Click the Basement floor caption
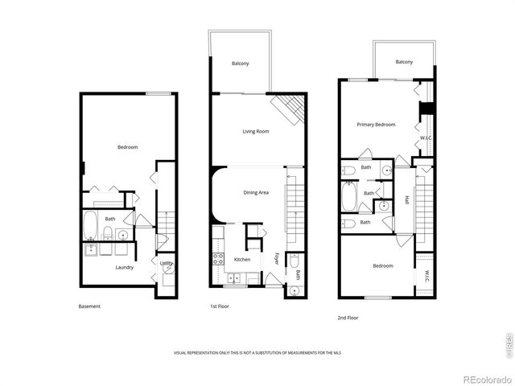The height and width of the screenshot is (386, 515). [x=89, y=306]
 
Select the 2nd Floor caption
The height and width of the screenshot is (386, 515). [x=348, y=318]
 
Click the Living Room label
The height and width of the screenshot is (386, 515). [x=256, y=131]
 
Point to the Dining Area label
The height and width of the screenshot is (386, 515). [x=256, y=193]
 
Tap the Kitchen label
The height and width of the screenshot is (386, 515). [x=242, y=260]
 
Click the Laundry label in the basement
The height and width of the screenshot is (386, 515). [x=124, y=267]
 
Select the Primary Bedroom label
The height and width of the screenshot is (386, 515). [x=377, y=125]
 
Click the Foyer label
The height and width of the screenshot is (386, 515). [x=276, y=259]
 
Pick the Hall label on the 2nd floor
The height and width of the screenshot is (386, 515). [x=407, y=200]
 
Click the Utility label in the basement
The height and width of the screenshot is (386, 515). [x=166, y=263]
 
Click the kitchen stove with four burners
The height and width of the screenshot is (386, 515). [x=217, y=259]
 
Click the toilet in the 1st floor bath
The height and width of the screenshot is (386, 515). [x=295, y=261]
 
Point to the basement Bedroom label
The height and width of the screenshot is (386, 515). [x=128, y=147]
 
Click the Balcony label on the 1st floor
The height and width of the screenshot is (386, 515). [x=241, y=64]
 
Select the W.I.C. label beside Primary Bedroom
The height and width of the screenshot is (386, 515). [x=426, y=138]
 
